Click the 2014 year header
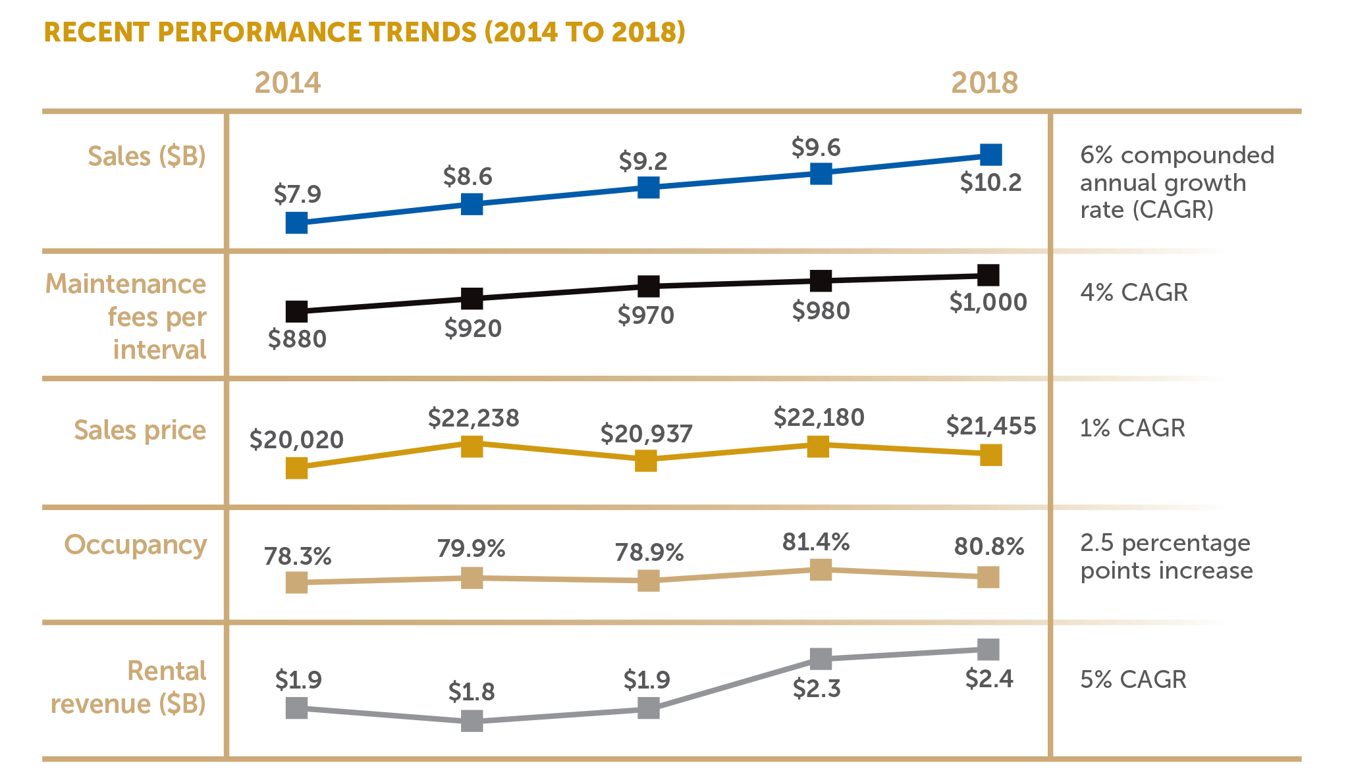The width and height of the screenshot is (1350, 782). point(288,83)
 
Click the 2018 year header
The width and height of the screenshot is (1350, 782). point(985,83)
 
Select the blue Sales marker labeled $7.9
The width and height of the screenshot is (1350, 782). point(297,223)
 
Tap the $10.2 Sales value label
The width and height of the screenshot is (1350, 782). point(990,182)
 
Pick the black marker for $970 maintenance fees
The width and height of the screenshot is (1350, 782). point(649,286)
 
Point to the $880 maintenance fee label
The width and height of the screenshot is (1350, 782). point(298,339)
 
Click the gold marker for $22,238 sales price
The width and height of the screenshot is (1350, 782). point(472,446)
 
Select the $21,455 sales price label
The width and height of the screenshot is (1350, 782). point(991,426)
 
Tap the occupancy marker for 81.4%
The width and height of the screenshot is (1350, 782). point(821,569)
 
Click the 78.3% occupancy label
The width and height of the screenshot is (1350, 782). point(298,557)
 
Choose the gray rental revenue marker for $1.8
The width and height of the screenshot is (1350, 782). point(472,721)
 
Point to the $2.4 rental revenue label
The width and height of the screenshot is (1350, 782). point(989,679)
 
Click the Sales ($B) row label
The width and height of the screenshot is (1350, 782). point(147,156)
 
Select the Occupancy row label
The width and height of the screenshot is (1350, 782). point(136,544)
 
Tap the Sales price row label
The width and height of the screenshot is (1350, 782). point(140,430)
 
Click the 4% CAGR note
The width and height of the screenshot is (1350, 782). point(1134,292)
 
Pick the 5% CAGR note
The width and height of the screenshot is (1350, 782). point(1133,679)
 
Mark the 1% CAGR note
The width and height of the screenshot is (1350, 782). point(1133,428)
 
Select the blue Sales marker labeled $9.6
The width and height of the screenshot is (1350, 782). point(821,174)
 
